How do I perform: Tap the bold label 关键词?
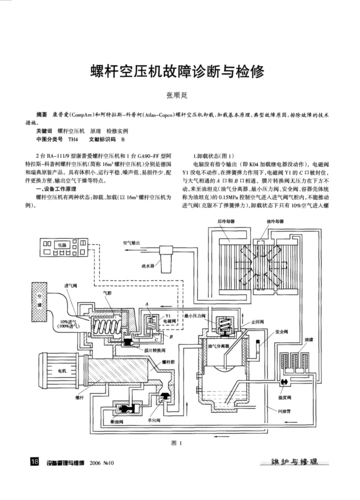coord(44,130)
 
